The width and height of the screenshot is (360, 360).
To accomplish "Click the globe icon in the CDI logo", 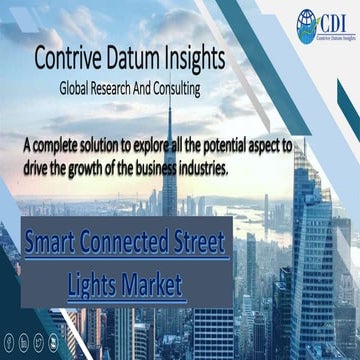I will coord(305,25).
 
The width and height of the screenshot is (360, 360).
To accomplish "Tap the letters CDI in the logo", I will coord(333,22).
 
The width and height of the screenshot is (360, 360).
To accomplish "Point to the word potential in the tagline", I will coord(225,146).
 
